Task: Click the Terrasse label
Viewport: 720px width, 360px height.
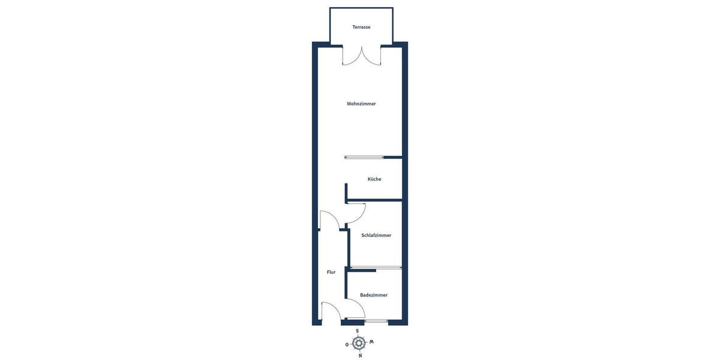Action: click(361, 27)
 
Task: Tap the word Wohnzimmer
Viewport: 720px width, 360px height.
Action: click(361, 104)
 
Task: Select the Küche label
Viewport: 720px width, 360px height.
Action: click(374, 179)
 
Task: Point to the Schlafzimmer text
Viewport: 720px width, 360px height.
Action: click(376, 235)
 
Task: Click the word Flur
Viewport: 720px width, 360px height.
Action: click(331, 272)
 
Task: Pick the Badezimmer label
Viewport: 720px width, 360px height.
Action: click(374, 295)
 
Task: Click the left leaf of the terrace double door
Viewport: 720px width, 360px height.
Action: click(351, 57)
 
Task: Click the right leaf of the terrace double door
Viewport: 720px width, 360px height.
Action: click(372, 57)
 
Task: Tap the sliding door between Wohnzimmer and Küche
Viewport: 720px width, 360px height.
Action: click(365, 157)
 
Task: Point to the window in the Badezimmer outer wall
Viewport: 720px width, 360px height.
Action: click(376, 322)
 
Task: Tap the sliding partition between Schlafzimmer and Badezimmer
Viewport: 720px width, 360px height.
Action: click(376, 267)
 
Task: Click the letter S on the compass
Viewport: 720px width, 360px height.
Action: click(358, 331)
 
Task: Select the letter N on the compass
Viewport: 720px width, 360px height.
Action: click(360, 355)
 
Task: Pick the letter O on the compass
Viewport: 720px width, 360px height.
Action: click(347, 344)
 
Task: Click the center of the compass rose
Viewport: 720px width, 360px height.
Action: click(359, 343)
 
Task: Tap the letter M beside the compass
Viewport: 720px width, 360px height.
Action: click(371, 342)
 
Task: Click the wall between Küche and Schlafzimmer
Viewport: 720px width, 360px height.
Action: click(375, 199)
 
